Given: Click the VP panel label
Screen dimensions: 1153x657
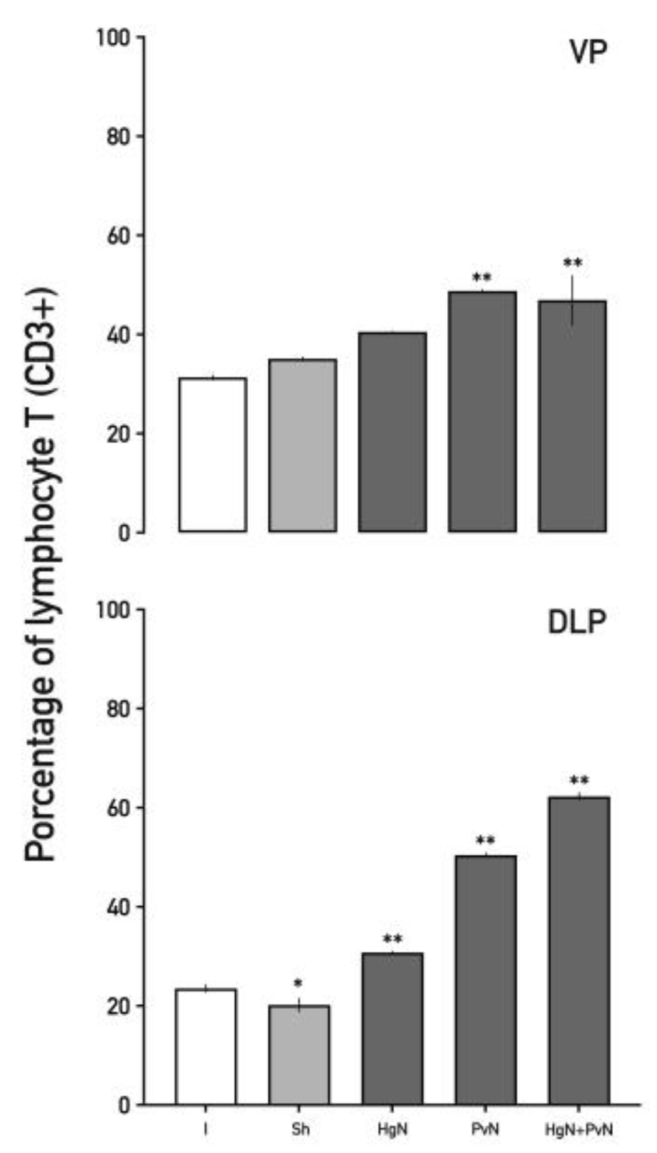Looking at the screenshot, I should coord(588,52).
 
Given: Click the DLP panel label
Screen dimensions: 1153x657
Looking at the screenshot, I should coord(577,622).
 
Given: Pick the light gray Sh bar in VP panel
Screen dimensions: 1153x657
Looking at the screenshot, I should coord(302,445).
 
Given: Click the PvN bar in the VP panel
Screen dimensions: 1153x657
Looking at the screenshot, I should coord(482,411).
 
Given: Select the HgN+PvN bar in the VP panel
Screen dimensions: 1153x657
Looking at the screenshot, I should coord(572,416).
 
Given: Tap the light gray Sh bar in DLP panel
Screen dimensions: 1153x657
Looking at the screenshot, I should coord(299,1054).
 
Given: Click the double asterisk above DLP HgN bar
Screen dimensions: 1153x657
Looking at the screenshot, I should coord(393,939).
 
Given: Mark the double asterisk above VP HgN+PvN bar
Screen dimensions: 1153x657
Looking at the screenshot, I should coord(572,264).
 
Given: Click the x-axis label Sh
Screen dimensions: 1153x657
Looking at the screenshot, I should coord(300,1129).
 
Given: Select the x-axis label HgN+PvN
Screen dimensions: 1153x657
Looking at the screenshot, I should coord(579,1129).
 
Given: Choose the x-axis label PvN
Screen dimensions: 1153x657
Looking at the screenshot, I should coord(485,1129).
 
